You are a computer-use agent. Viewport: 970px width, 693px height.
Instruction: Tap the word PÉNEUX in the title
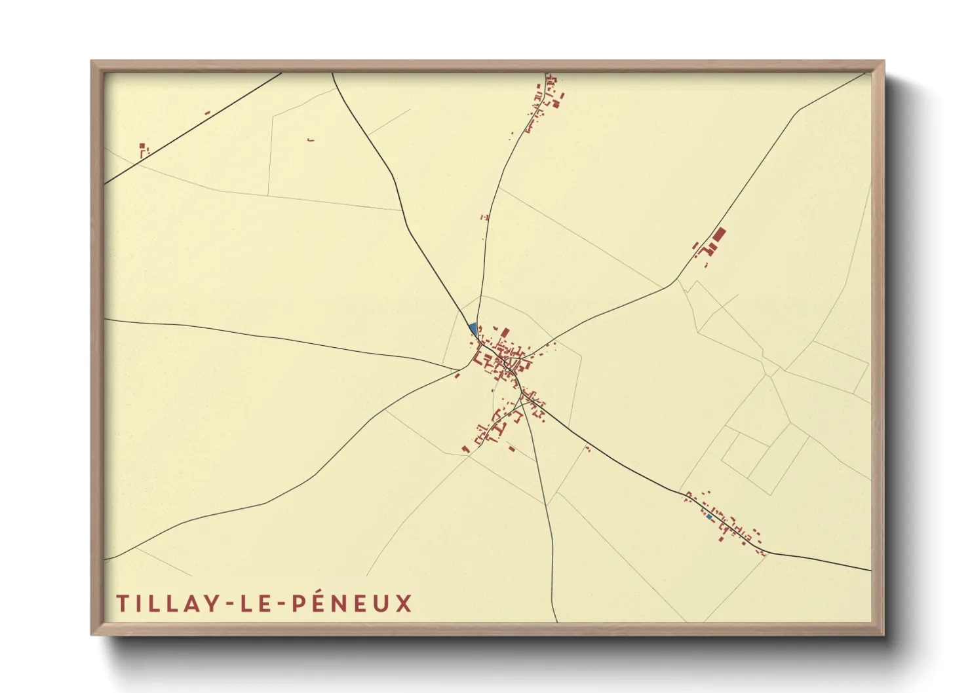[352, 603]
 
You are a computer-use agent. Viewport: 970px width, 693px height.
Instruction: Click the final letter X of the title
[404, 603]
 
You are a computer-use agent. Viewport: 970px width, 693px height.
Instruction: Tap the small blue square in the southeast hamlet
[709, 517]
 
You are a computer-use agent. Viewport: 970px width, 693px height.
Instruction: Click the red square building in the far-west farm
[141, 146]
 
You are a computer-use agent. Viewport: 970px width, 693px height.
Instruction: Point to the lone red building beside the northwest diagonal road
[207, 113]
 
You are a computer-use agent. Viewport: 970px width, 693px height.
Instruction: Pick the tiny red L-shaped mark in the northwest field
[311, 140]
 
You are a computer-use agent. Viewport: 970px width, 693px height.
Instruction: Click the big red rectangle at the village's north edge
[505, 333]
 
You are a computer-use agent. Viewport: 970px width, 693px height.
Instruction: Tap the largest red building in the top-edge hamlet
[555, 103]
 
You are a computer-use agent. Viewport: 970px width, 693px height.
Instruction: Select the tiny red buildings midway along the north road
[484, 217]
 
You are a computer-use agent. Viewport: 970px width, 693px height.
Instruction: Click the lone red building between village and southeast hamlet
[587, 449]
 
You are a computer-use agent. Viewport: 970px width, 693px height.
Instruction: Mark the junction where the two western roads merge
[459, 370]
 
